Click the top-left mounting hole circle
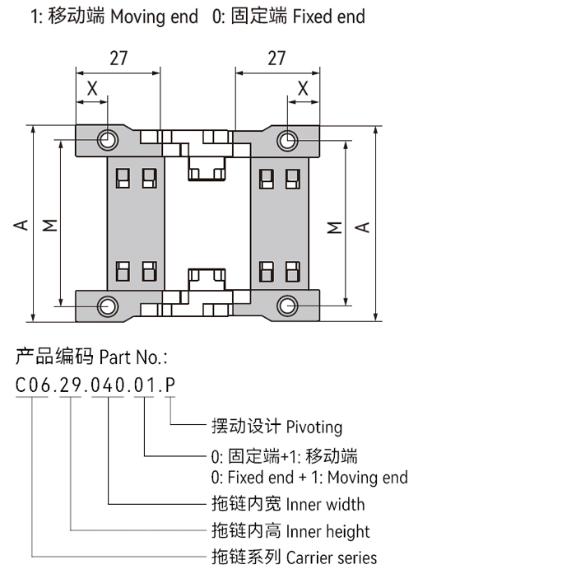(107, 140)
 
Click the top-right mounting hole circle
(286, 140)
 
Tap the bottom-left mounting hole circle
(107, 306)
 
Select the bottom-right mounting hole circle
(286, 306)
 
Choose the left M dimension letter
(50, 224)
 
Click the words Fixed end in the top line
(329, 16)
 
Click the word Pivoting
(314, 427)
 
